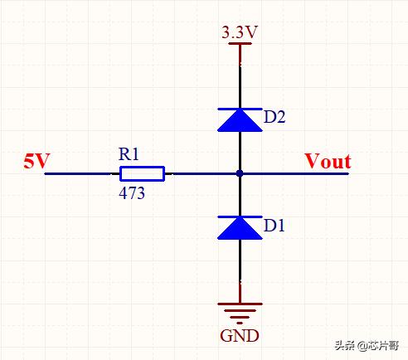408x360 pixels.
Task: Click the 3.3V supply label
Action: [240, 32]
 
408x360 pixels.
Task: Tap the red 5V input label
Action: [36, 161]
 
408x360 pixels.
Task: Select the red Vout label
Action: [328, 161]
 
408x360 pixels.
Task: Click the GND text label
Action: [240, 336]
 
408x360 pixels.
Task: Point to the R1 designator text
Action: [129, 154]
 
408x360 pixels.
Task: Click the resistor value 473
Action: [132, 193]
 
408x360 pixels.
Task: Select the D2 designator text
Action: [274, 117]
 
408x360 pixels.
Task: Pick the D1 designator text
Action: [274, 226]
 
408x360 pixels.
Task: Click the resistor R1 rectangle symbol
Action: [142, 173]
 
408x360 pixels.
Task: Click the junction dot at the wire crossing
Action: [240, 173]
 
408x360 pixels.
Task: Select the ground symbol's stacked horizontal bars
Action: [240, 314]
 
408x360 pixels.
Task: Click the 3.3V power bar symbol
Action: [240, 43]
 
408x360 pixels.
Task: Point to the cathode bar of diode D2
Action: [240, 109]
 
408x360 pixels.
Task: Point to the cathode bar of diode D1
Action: [240, 216]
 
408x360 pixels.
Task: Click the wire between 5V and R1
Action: [82, 173]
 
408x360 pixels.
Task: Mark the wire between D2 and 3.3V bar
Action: [240, 76]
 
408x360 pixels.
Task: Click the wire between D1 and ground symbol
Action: [240, 271]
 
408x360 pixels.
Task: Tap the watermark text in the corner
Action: [367, 346]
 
